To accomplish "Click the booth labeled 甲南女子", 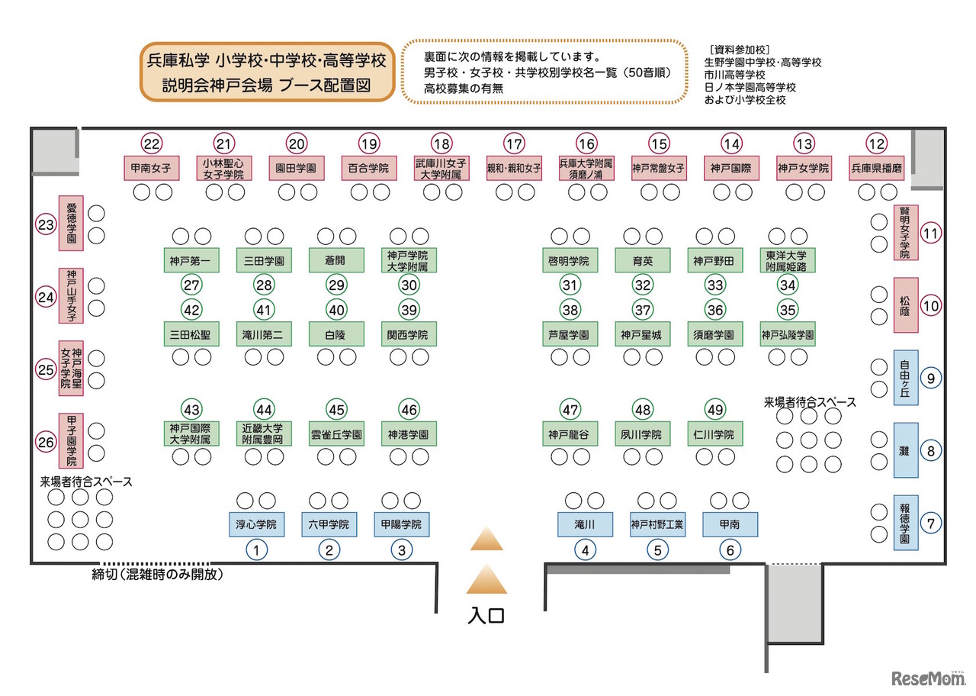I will tap(151, 168).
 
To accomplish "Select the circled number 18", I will tap(441, 143).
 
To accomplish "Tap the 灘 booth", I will tap(905, 450).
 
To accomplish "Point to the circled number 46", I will tap(409, 409).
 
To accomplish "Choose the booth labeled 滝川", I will tap(584, 524).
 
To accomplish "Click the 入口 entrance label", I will tap(486, 615).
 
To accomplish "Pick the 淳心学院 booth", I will tap(256, 524).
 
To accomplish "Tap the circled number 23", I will tap(47, 224).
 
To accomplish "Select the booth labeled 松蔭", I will tap(905, 305).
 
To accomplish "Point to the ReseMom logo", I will tap(923, 677).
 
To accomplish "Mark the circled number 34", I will tap(788, 285).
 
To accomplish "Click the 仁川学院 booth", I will tap(715, 433).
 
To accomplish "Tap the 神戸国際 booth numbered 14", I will tap(731, 168).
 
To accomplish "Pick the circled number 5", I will tap(657, 549).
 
